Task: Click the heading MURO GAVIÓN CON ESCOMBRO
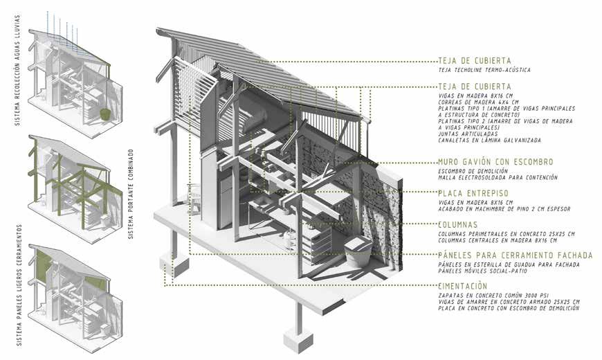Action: tap(495, 162)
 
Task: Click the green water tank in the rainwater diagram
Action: tap(104, 112)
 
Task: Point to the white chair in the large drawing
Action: tap(196, 201)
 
